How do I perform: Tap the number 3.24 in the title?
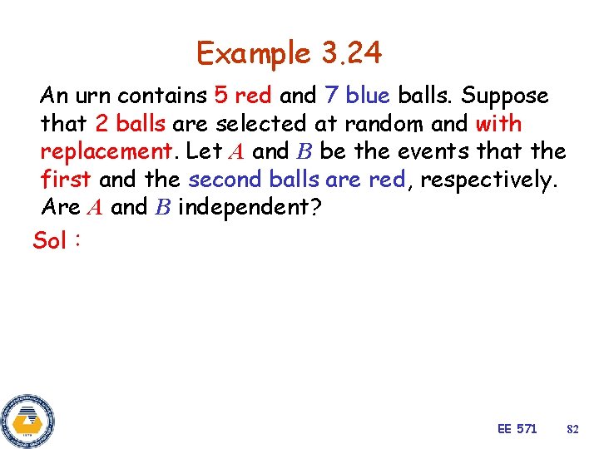(350, 53)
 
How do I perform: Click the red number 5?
(221, 96)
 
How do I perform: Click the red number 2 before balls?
(102, 124)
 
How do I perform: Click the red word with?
(498, 124)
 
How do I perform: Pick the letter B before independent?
(161, 208)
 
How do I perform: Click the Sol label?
(50, 241)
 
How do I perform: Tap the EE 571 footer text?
(517, 429)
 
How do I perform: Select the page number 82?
(572, 429)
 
